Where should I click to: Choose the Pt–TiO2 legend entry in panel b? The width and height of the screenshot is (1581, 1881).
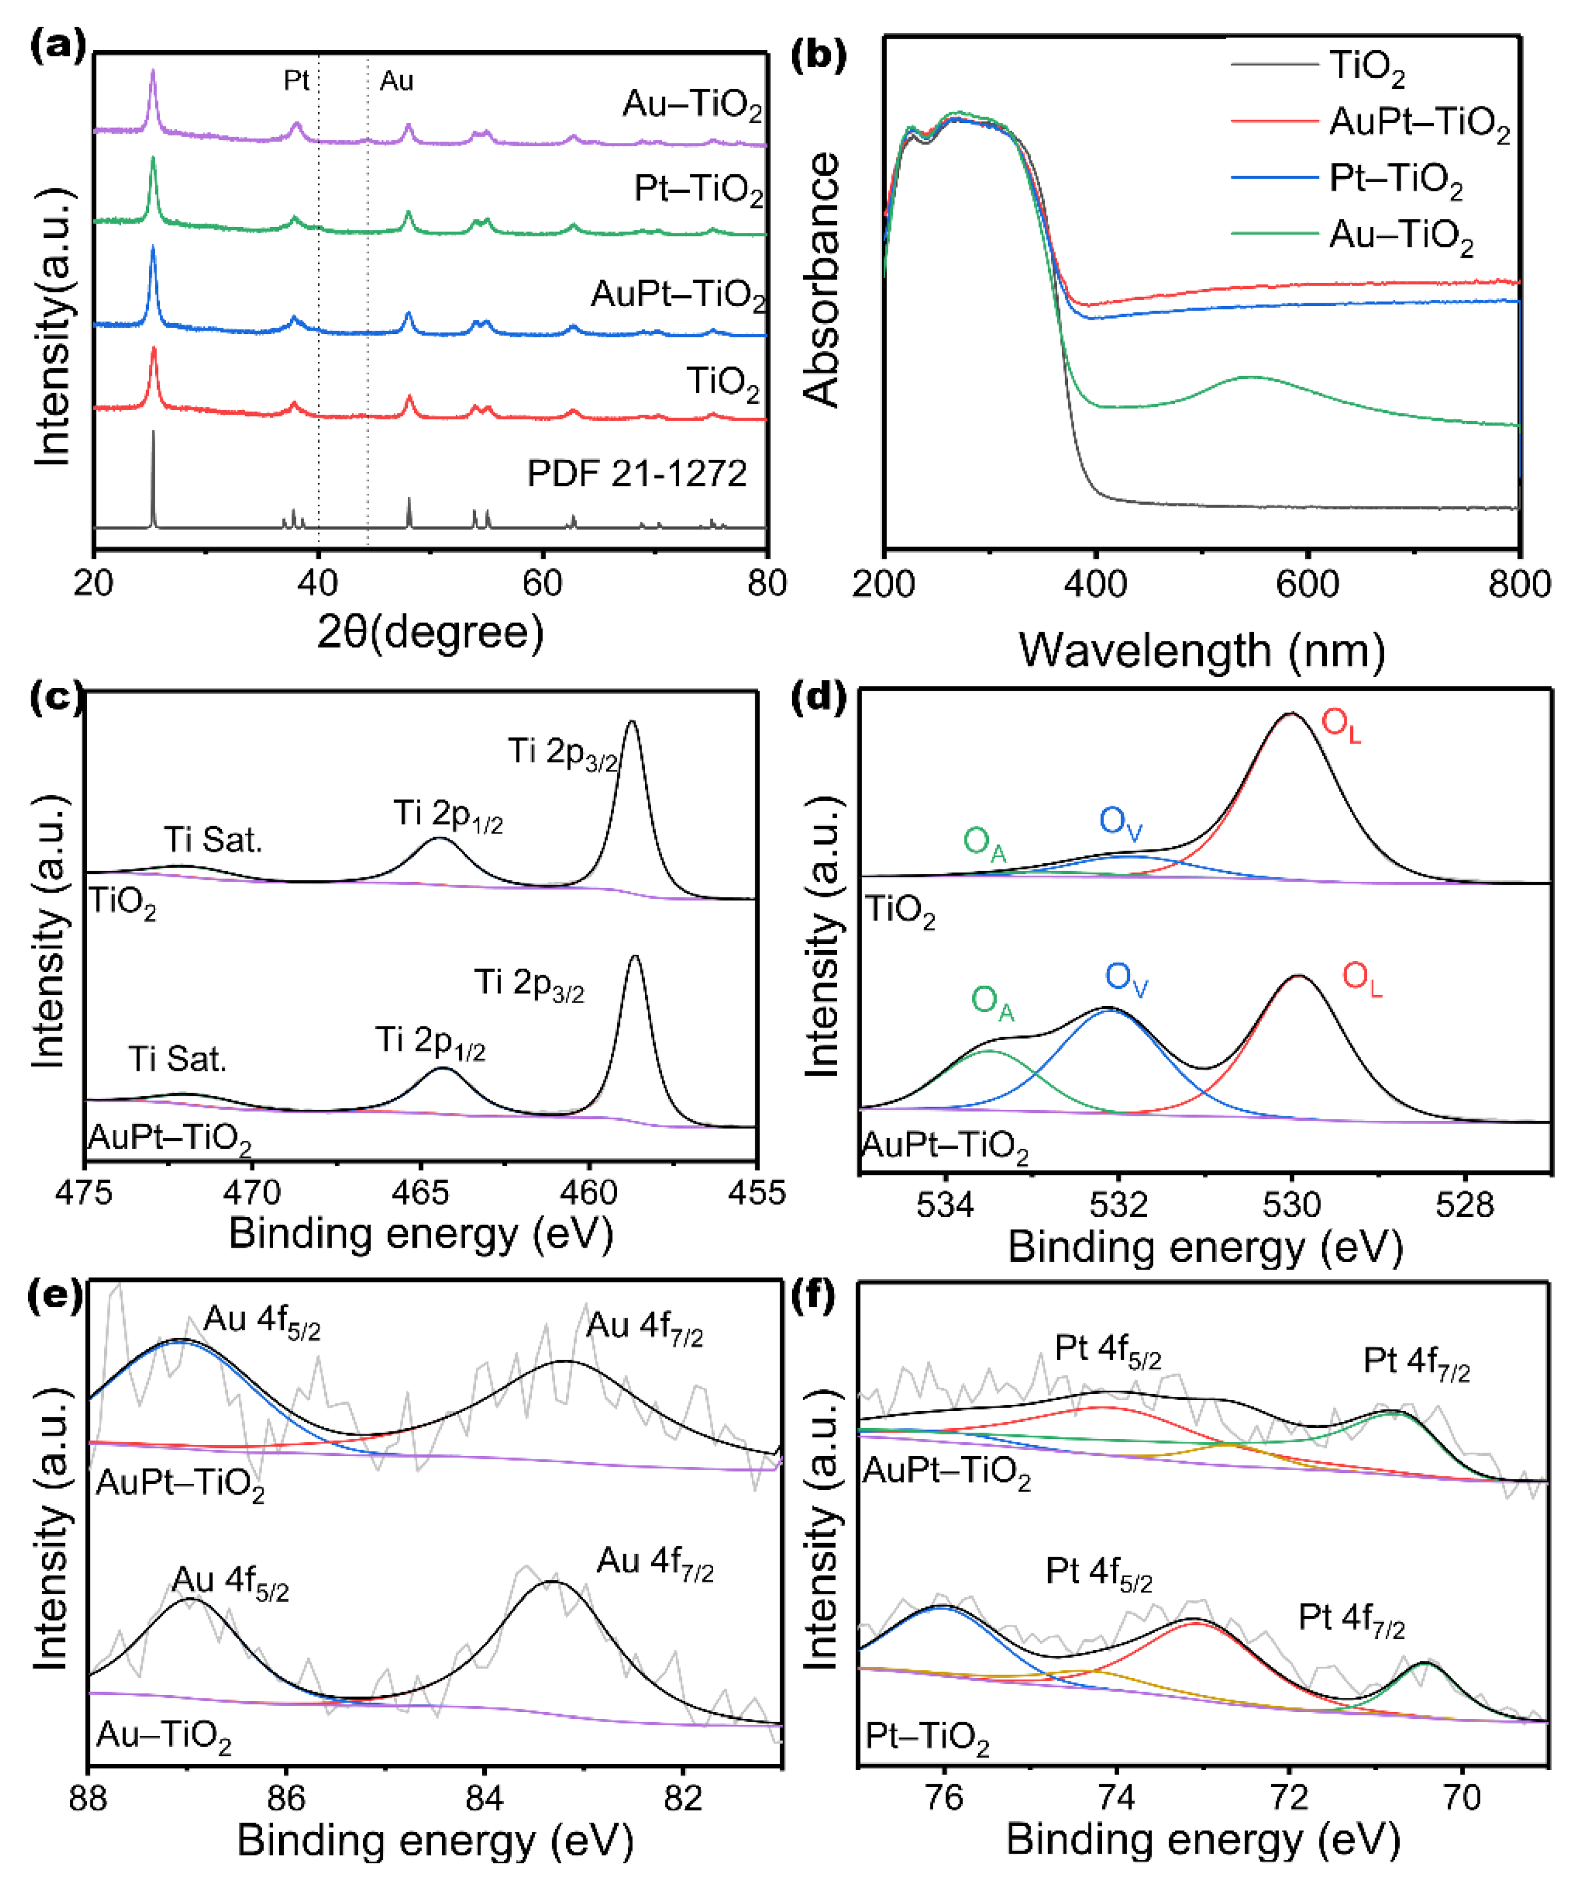[x=1396, y=179]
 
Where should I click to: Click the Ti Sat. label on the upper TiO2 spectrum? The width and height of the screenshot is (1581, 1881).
[x=213, y=840]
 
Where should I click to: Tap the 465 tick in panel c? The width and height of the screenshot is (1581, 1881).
[x=420, y=1193]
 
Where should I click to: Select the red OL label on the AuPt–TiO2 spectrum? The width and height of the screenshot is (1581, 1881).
[x=1361, y=977]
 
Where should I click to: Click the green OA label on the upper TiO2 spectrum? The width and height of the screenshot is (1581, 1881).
[x=983, y=843]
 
